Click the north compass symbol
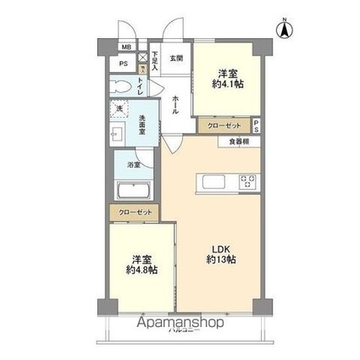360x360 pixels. coord(285,30)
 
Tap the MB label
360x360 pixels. coord(125,47)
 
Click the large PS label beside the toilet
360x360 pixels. coord(124,64)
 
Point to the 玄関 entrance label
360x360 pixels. coord(175,58)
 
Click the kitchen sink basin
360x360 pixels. coord(210,180)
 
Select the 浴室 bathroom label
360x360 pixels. coord(134,164)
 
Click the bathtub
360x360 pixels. coord(134,191)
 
